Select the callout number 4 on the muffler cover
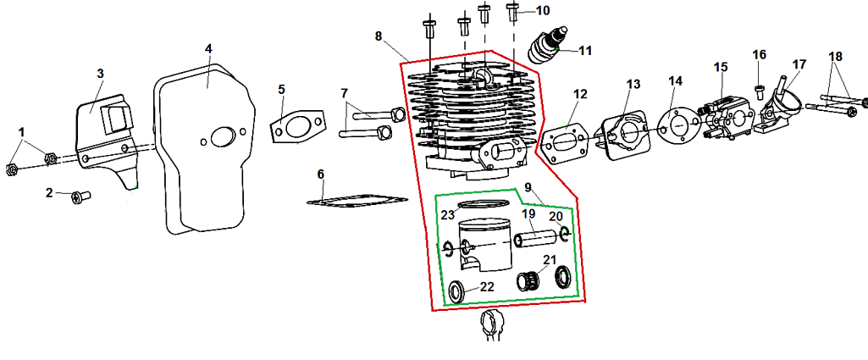click(208, 49)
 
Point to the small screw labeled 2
click(80, 196)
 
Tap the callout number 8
click(378, 36)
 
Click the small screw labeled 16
click(760, 92)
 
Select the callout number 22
click(487, 286)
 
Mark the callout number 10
click(543, 10)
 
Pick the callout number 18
click(836, 57)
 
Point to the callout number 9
click(528, 186)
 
